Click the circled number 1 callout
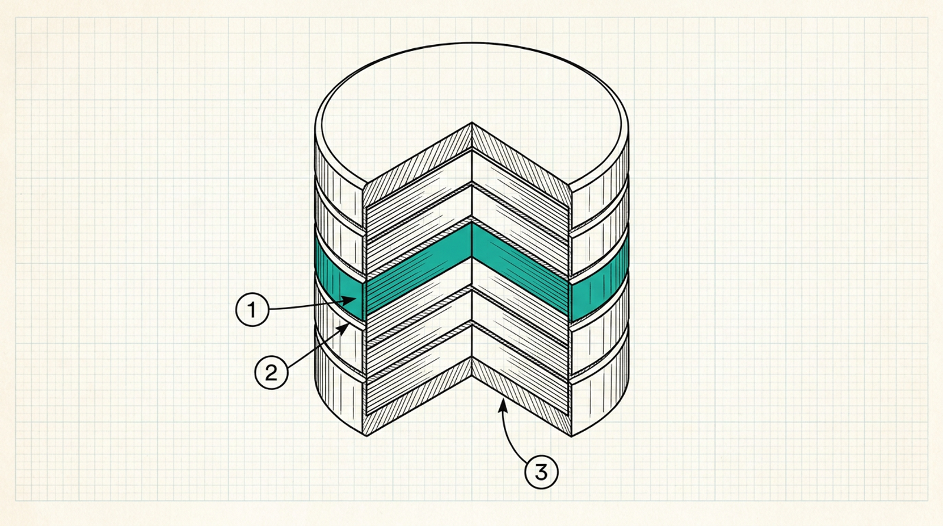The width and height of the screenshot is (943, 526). pyautogui.click(x=252, y=310)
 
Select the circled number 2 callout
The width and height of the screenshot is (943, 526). pyautogui.click(x=272, y=372)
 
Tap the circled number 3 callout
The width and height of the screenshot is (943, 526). pyautogui.click(x=542, y=472)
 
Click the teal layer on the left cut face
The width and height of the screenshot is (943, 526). pyautogui.click(x=419, y=269)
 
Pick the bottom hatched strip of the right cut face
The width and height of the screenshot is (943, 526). pyautogui.click(x=522, y=397)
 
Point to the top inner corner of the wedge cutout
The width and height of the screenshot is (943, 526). pyautogui.click(x=472, y=123)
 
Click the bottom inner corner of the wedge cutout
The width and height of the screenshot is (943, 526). pyautogui.click(x=472, y=359)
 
